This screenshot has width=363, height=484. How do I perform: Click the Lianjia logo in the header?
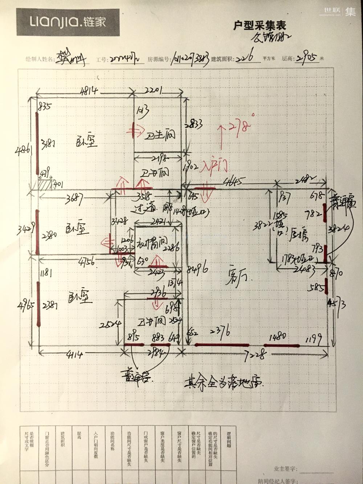[x=68, y=23]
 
